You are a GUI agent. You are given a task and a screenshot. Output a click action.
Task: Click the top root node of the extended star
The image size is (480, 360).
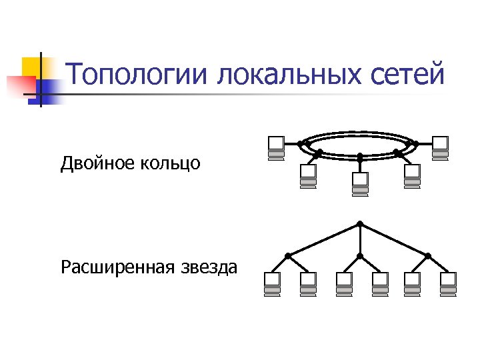tap(360, 223)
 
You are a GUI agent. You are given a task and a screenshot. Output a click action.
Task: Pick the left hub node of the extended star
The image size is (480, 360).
tap(288, 255)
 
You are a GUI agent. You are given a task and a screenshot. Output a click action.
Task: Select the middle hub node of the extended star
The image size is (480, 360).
tap(360, 255)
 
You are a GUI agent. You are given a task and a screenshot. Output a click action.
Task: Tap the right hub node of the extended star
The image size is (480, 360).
tap(428, 255)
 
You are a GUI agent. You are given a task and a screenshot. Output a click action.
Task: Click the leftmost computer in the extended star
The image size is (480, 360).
tap(272, 283)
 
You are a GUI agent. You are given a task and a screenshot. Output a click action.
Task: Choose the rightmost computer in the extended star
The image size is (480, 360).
tap(449, 283)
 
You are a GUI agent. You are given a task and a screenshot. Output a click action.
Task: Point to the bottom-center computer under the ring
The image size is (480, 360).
tap(360, 183)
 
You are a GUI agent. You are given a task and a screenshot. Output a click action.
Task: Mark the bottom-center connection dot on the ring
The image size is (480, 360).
tap(360, 157)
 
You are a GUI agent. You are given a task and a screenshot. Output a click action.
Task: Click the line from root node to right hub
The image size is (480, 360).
tap(395, 239)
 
